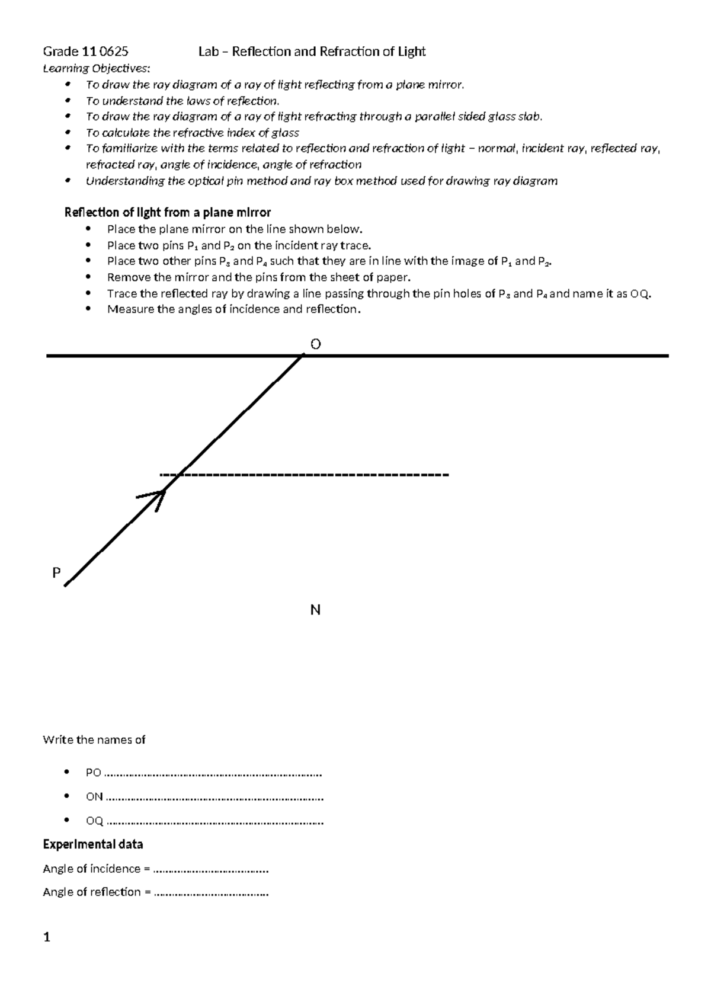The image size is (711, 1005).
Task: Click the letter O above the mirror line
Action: [x=315, y=344]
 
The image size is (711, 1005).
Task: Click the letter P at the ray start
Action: [x=56, y=573]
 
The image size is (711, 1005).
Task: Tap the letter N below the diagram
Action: [x=315, y=610]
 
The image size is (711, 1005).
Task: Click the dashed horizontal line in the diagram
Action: [x=305, y=475]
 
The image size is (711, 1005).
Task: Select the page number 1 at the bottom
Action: [x=47, y=937]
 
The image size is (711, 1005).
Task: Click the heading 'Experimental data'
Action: [x=93, y=844]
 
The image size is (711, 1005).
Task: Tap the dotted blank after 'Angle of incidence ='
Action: [x=210, y=870]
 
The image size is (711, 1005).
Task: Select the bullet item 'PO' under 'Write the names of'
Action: [x=94, y=773]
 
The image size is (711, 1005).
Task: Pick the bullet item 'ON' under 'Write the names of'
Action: [x=94, y=797]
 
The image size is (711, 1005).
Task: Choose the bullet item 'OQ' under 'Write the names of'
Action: [x=94, y=821]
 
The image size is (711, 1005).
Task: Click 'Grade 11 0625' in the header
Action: [x=85, y=52]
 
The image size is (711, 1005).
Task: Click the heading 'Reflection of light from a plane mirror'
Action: [x=167, y=213]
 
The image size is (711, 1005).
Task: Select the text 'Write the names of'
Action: [x=94, y=740]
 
